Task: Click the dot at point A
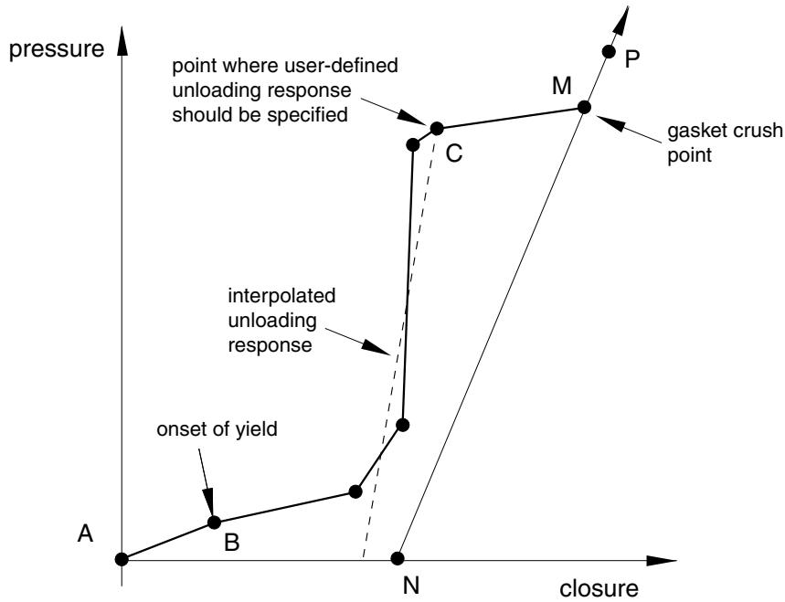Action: pos(122,559)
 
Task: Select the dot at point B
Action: pos(214,523)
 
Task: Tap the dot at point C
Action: pos(437,129)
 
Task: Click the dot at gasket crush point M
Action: pos(584,107)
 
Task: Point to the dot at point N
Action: pos(397,558)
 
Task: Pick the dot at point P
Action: pos(609,51)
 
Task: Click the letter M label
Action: pos(562,86)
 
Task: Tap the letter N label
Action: pos(411,586)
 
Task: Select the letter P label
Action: pos(632,59)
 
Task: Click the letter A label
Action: pos(86,533)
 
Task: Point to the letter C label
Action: pos(453,153)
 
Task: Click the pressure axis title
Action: pos(57,49)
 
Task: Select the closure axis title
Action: pos(599,588)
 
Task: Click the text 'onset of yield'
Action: pos(217,429)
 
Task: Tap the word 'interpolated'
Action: pos(281,296)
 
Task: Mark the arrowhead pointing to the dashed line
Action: pos(377,348)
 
